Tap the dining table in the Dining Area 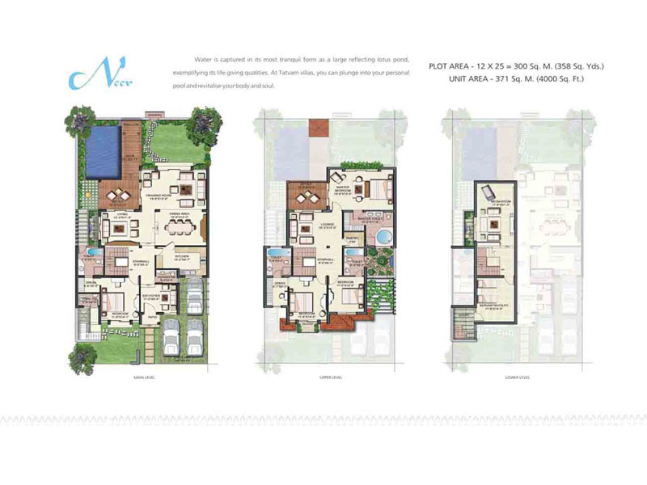tap(179, 226)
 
